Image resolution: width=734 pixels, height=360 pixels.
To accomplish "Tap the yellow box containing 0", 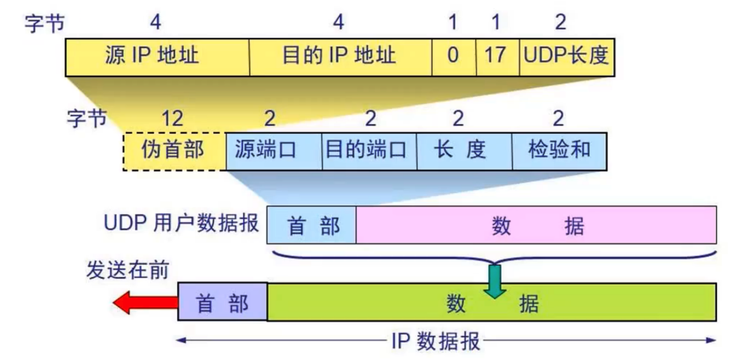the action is (453, 57).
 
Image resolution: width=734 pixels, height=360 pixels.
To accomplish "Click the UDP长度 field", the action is (566, 57).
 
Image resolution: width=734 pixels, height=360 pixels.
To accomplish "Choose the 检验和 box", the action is (559, 151).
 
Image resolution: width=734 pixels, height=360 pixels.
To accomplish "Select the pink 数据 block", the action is (536, 225).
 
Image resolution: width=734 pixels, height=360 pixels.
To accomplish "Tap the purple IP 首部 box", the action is (222, 302).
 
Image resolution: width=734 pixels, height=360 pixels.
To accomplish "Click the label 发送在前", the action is (127, 271).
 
